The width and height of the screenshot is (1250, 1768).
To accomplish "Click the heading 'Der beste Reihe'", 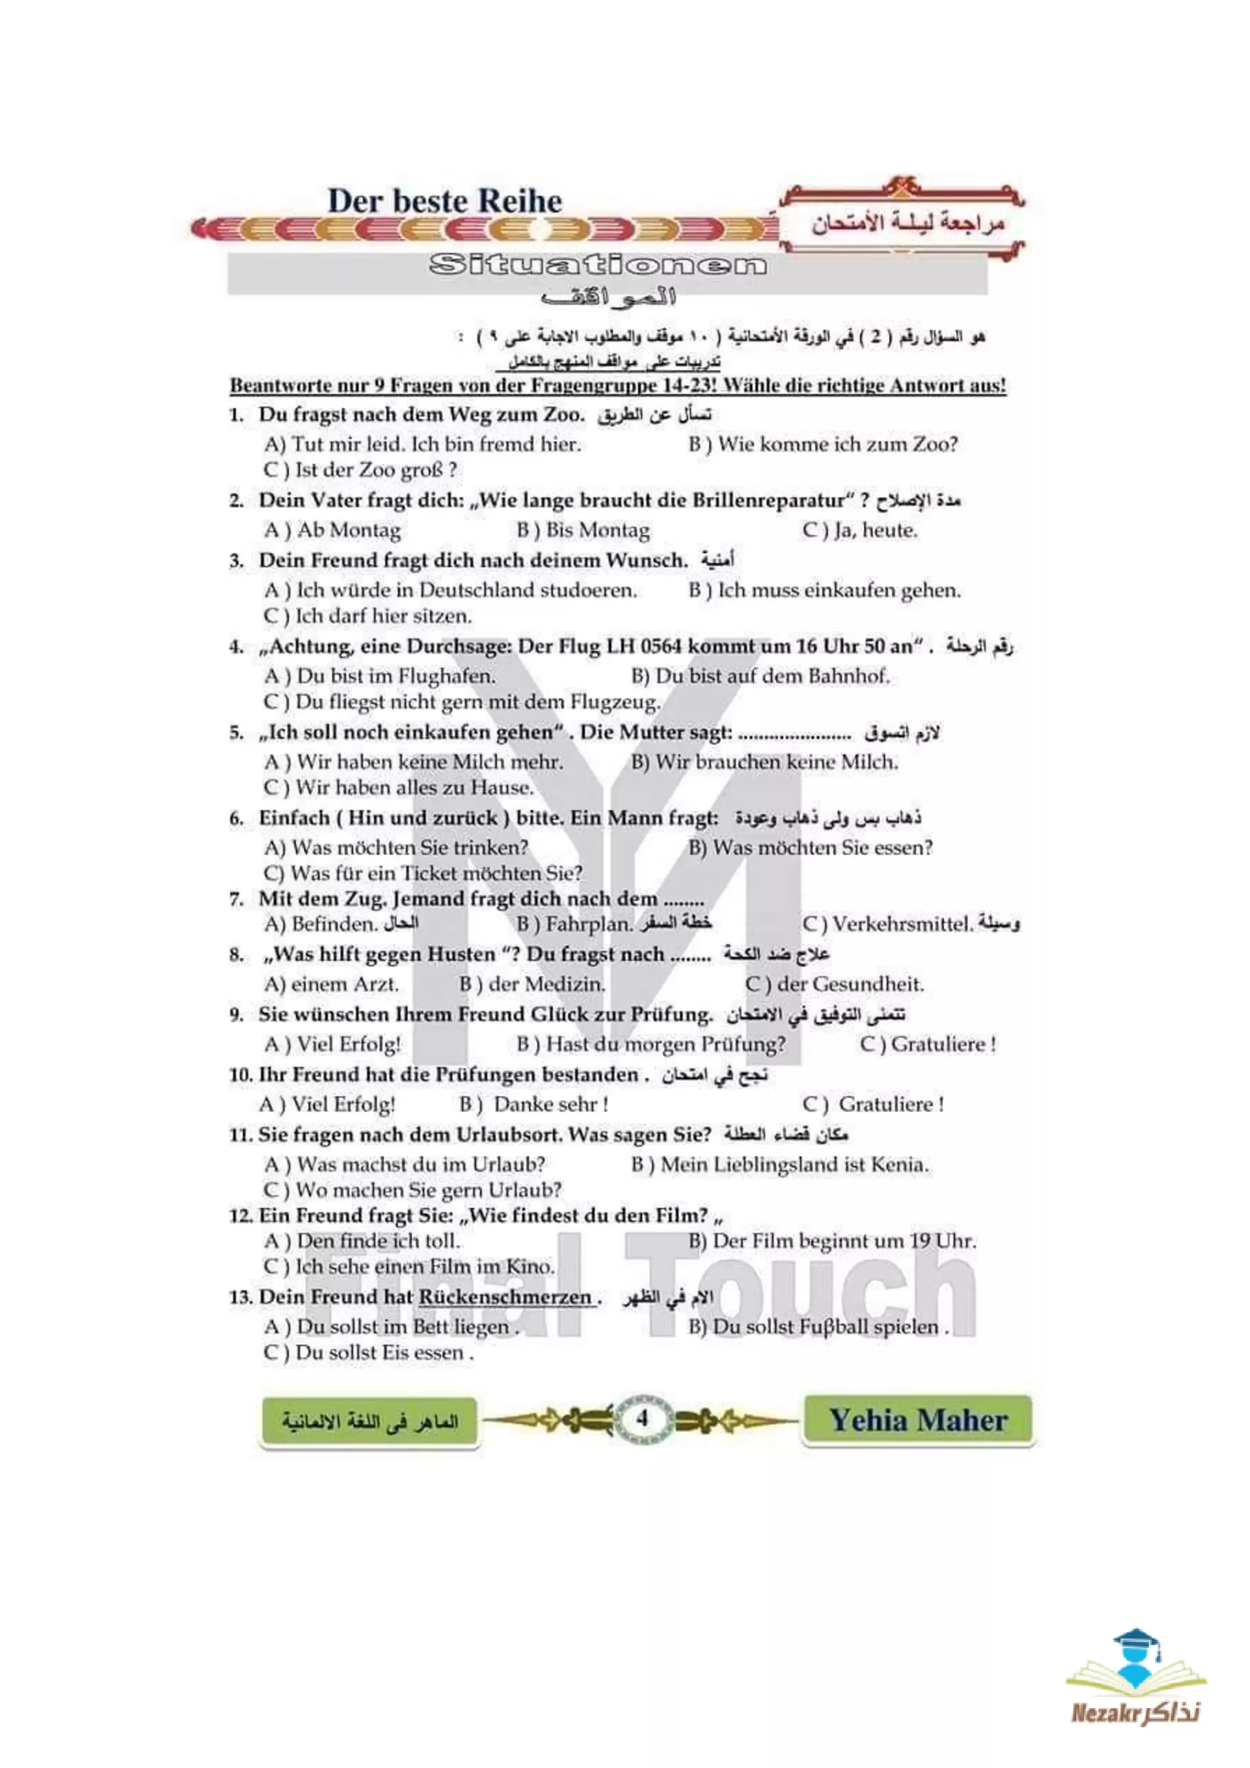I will click(x=445, y=202).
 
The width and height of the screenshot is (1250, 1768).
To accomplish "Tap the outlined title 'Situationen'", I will click(x=598, y=266).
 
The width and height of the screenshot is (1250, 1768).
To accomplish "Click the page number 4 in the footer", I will click(x=642, y=1418).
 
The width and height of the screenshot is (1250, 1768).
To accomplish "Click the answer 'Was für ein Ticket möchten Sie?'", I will click(x=436, y=873).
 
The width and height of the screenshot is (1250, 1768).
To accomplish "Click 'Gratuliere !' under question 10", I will click(x=891, y=1104).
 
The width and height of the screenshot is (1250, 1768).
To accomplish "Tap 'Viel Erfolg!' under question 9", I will click(x=348, y=1044).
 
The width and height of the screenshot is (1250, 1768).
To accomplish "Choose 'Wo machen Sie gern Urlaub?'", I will click(x=428, y=1190).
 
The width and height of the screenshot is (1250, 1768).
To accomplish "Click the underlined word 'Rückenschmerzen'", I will click(x=505, y=1297).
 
